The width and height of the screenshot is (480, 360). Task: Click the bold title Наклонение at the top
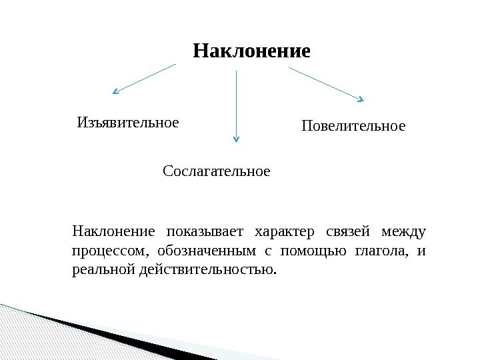click(x=251, y=51)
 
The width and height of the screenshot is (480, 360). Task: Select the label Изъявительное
click(x=128, y=123)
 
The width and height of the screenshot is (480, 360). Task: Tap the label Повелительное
click(x=353, y=125)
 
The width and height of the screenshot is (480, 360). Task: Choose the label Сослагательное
click(x=217, y=171)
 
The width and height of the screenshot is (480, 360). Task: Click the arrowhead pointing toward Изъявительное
click(x=115, y=91)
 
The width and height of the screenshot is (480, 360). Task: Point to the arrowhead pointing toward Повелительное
click(x=361, y=100)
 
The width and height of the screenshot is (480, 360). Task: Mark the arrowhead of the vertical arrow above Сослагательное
click(x=235, y=139)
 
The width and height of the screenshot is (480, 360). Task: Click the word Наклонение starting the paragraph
click(x=113, y=232)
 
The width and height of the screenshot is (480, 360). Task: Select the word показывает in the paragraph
click(x=206, y=232)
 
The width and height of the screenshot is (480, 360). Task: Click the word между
click(x=403, y=232)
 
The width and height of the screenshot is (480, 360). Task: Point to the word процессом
click(x=106, y=251)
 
